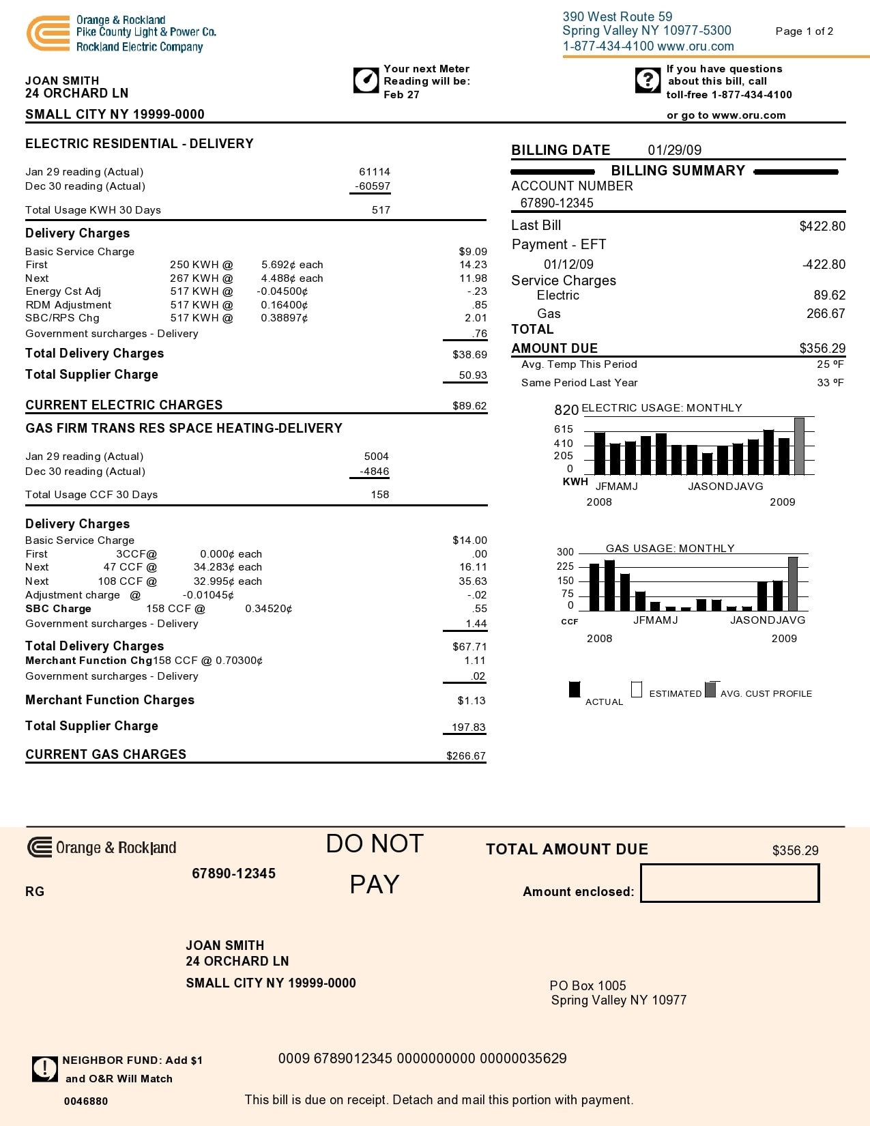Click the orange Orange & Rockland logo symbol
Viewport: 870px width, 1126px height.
(x=48, y=33)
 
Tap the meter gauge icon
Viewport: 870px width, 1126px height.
(x=366, y=81)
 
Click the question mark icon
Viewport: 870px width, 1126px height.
(x=648, y=81)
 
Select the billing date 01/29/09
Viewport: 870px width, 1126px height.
(x=674, y=150)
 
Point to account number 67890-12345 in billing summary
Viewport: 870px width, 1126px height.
(x=557, y=203)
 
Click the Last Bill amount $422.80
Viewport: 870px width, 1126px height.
(x=822, y=227)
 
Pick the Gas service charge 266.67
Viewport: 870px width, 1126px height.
(x=826, y=314)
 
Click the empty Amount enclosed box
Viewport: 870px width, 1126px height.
(x=729, y=883)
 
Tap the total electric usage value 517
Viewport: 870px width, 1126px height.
(x=381, y=210)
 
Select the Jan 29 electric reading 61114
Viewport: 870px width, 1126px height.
(x=375, y=172)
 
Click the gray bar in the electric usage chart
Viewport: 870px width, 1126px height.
(x=799, y=446)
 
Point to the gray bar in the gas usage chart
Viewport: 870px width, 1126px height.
(x=793, y=584)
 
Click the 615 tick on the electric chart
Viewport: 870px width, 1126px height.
(x=564, y=429)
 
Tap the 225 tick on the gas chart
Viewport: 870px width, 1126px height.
(x=565, y=566)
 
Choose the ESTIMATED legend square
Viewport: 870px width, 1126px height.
(x=637, y=689)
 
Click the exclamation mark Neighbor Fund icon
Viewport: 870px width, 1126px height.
(x=45, y=1069)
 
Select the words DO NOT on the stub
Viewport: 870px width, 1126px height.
(x=375, y=844)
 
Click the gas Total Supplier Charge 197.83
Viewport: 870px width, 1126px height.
(x=468, y=727)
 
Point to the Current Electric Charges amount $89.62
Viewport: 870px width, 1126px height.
(x=469, y=406)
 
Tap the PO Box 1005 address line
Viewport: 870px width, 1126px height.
(x=588, y=985)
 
